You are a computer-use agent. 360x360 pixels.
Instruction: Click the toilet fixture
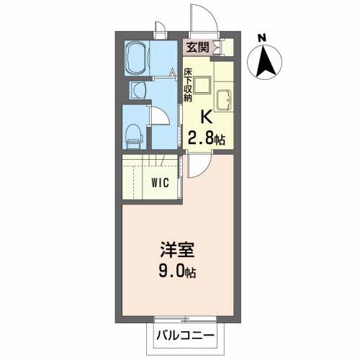pos(134,131)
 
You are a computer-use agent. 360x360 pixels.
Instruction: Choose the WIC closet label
pos(160,182)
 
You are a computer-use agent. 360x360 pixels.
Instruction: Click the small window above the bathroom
pos(159,29)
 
